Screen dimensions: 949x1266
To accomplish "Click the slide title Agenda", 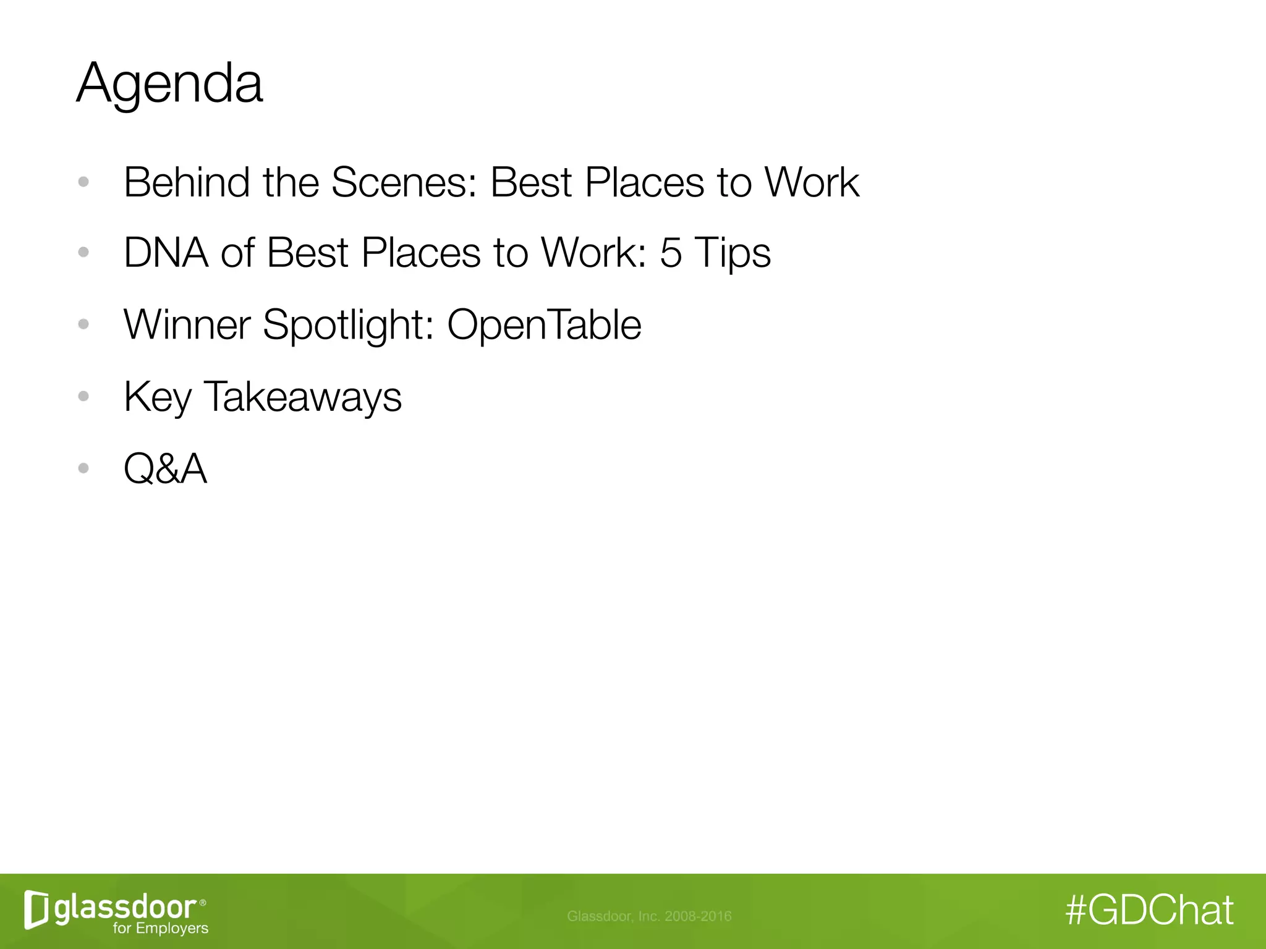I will coord(169,83).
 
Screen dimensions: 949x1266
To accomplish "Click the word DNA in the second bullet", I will coord(166,253).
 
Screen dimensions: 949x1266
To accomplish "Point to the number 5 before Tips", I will coord(670,253).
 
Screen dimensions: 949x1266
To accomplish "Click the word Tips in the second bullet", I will coord(733,254).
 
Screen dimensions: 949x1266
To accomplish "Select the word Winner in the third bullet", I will coord(187,324).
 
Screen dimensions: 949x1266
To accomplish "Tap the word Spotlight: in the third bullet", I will coord(349,326).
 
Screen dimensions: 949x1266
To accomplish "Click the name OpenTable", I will coord(544,326).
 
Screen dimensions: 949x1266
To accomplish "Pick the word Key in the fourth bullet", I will coord(158,397).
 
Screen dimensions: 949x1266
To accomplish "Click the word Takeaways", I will coord(302,397).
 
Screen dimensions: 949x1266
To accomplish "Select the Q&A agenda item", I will coord(165,468).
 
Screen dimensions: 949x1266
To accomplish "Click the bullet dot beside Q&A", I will coord(83,468).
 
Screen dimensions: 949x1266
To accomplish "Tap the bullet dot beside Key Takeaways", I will coord(83,396).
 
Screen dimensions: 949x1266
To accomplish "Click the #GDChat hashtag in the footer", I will coord(1150,910).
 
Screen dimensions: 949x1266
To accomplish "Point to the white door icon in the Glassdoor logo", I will coord(36,909).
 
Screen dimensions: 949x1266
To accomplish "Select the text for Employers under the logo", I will coord(161,928).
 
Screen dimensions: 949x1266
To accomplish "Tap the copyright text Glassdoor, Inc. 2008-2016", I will coord(649,916).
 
